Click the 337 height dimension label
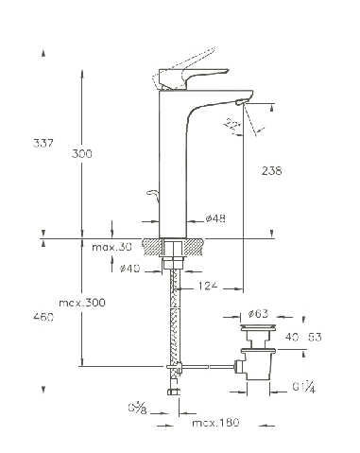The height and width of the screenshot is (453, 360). pos(43,143)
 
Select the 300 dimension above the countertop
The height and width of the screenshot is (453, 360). pos(82,154)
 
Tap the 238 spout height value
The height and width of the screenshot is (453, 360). pos(272,171)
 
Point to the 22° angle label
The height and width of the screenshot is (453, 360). pos(232,125)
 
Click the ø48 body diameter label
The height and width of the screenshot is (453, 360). pos(215,218)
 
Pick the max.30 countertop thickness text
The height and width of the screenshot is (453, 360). pos(111,247)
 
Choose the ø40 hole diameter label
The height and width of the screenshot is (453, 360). pos(129,269)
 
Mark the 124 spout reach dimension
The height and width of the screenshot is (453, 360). pos(208,286)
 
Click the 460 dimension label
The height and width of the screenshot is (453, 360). pos(43,317)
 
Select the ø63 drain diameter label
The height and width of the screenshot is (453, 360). pos(258,314)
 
